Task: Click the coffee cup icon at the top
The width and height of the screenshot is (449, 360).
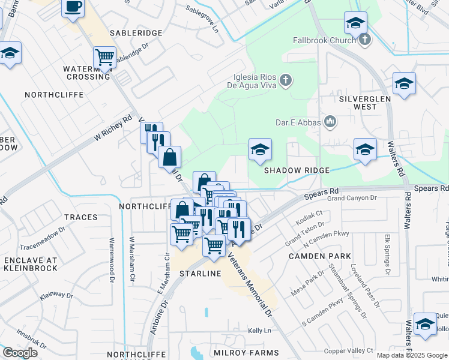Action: coord(73,7)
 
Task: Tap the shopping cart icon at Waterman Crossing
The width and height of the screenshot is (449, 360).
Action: coord(104,58)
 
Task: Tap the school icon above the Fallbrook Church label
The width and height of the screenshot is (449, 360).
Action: coord(355,24)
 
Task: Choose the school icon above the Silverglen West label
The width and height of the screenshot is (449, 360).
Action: coord(404,84)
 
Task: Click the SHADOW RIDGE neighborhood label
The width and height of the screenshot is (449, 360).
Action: coord(297,170)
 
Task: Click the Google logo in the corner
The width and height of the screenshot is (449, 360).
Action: coord(20,353)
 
